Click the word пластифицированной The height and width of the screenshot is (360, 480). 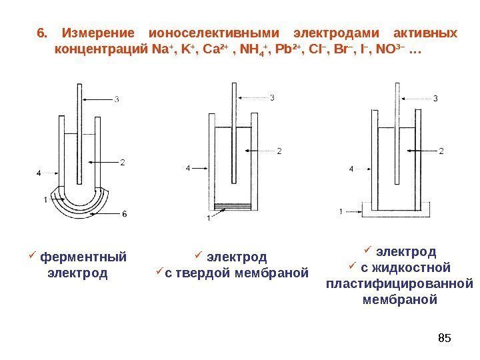tap(399, 283)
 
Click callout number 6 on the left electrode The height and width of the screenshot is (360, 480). tap(125, 213)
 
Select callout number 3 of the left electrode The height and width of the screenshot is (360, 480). tap(117, 101)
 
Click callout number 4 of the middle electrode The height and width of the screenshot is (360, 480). tap(188, 169)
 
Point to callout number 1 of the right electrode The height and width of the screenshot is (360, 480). tap(341, 211)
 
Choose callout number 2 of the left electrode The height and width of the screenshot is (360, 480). tap(123, 162)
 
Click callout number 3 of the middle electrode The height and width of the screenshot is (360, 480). tap(271, 98)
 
